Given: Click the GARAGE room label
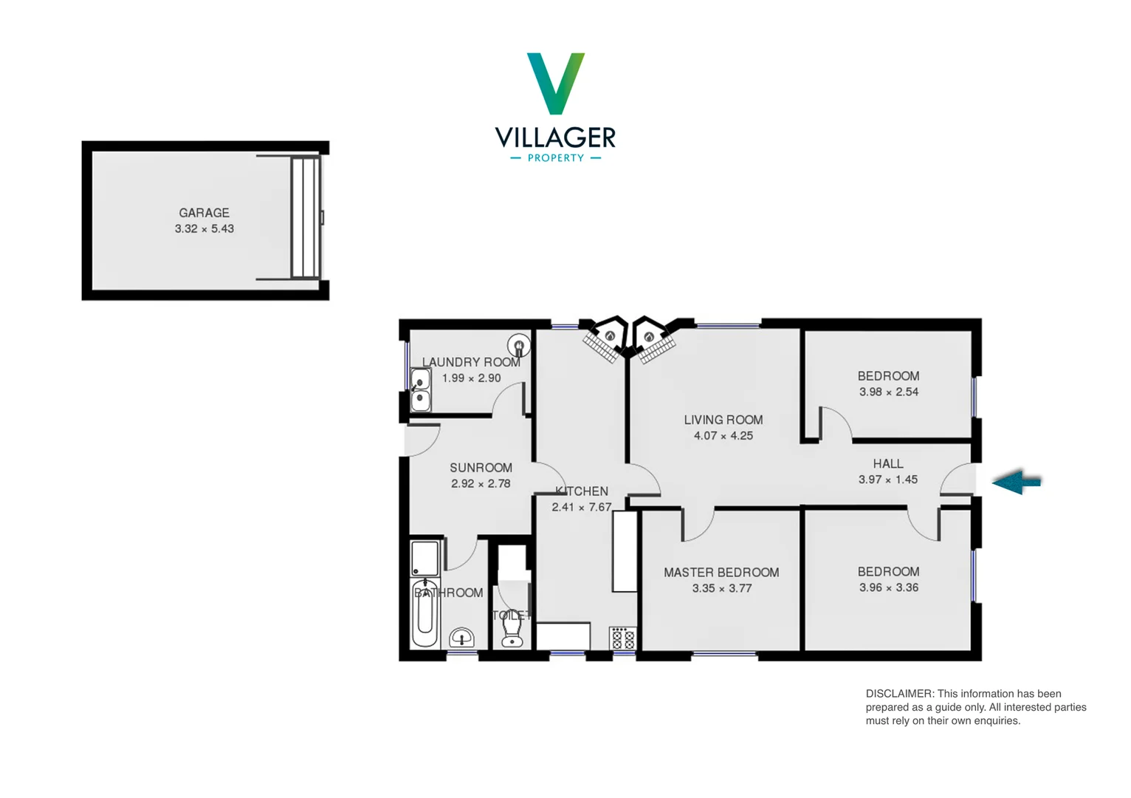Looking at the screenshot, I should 204,213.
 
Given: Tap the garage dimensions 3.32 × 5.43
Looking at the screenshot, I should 204,229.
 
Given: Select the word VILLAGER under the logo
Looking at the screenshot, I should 555,137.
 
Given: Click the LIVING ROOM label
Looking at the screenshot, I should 723,420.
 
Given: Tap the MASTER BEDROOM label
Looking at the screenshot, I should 721,573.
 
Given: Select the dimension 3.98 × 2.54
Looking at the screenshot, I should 888,392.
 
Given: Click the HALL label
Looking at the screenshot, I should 887,464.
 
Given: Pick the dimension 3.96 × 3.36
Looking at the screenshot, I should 888,588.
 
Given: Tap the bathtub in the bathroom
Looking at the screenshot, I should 424,613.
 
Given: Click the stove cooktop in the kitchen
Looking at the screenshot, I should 622,638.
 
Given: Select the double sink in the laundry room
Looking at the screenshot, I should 420,390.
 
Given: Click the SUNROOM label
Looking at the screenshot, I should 481,468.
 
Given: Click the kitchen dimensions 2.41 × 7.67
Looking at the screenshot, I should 581,508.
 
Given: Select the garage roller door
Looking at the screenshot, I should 305,217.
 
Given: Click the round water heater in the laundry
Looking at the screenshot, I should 518,345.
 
